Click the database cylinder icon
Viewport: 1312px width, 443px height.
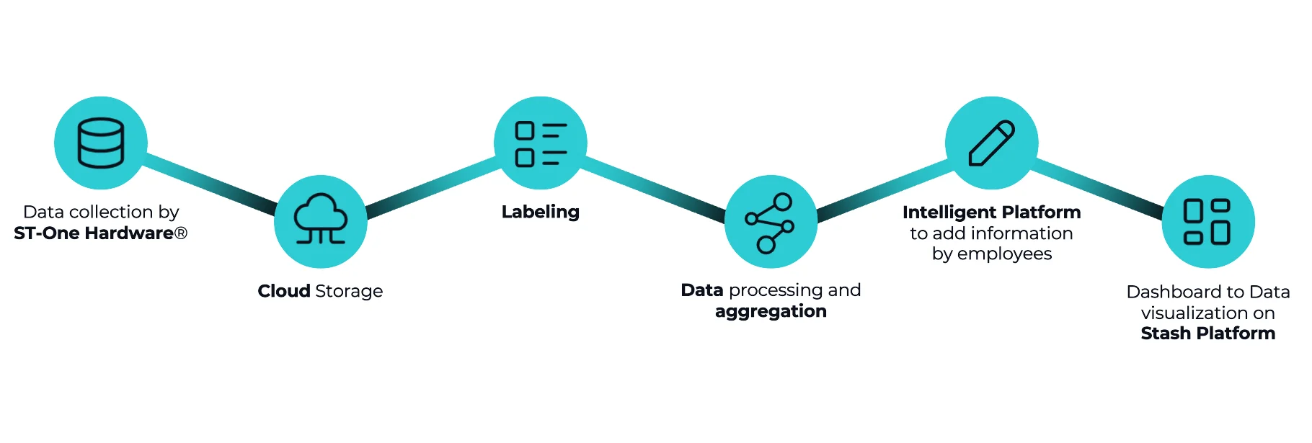point(101,143)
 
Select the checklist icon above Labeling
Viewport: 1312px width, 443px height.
point(541,143)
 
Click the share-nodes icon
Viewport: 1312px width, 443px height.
point(770,222)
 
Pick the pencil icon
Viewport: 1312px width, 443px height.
point(991,143)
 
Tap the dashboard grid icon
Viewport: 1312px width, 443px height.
point(1207,221)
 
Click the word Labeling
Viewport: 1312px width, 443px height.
point(541,212)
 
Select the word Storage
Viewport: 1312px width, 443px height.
point(349,291)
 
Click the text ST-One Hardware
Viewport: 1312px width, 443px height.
point(94,233)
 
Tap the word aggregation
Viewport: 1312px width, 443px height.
point(771,311)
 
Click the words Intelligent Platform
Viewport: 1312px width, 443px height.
point(991,212)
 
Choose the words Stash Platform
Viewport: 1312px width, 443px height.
point(1207,334)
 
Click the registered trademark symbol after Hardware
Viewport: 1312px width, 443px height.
point(181,233)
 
